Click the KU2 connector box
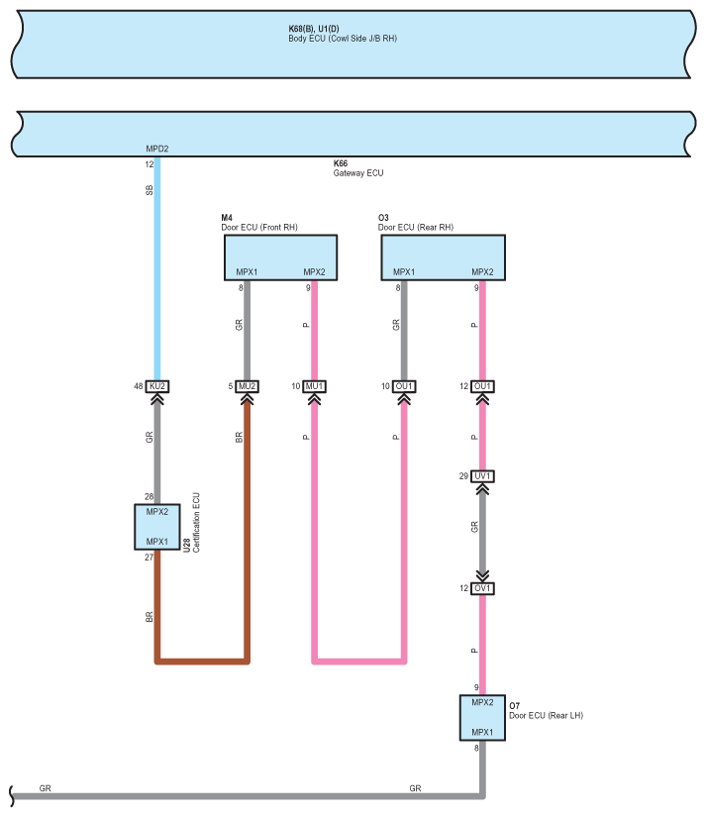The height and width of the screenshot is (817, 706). click(157, 386)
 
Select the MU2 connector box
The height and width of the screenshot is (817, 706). click(247, 386)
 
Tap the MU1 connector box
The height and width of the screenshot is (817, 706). click(314, 386)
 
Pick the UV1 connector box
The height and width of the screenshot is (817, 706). click(482, 476)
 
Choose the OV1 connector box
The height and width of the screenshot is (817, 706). click(482, 588)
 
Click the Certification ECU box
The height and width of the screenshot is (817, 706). click(157, 527)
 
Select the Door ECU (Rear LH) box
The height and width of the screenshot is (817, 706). click(482, 718)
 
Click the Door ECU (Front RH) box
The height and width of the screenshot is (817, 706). click(281, 257)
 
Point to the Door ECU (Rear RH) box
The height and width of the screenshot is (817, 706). click(444, 257)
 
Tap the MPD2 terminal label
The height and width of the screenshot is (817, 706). click(157, 149)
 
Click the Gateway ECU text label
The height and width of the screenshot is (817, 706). click(358, 173)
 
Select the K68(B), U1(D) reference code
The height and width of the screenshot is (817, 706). click(314, 29)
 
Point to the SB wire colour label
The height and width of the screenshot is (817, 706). click(150, 190)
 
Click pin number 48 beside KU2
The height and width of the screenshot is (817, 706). click(138, 386)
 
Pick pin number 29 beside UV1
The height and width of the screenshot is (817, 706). click(463, 476)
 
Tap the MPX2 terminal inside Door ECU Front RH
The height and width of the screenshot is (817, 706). click(314, 272)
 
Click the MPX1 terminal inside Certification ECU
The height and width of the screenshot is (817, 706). click(157, 542)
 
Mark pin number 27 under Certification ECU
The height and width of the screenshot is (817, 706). click(149, 557)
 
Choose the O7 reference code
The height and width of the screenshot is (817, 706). click(514, 706)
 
